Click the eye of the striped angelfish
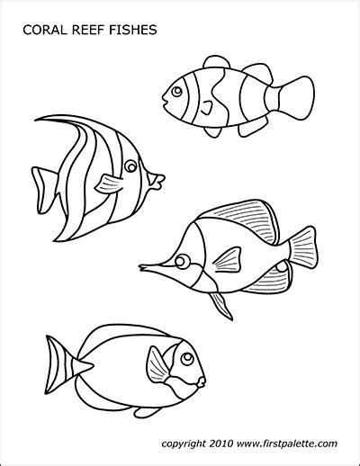point(131,166)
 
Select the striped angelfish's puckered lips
point(159,183)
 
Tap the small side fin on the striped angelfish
point(109,184)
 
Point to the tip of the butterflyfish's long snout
point(141,264)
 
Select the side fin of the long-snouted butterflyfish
point(226,261)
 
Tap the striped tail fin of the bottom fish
point(55,363)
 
